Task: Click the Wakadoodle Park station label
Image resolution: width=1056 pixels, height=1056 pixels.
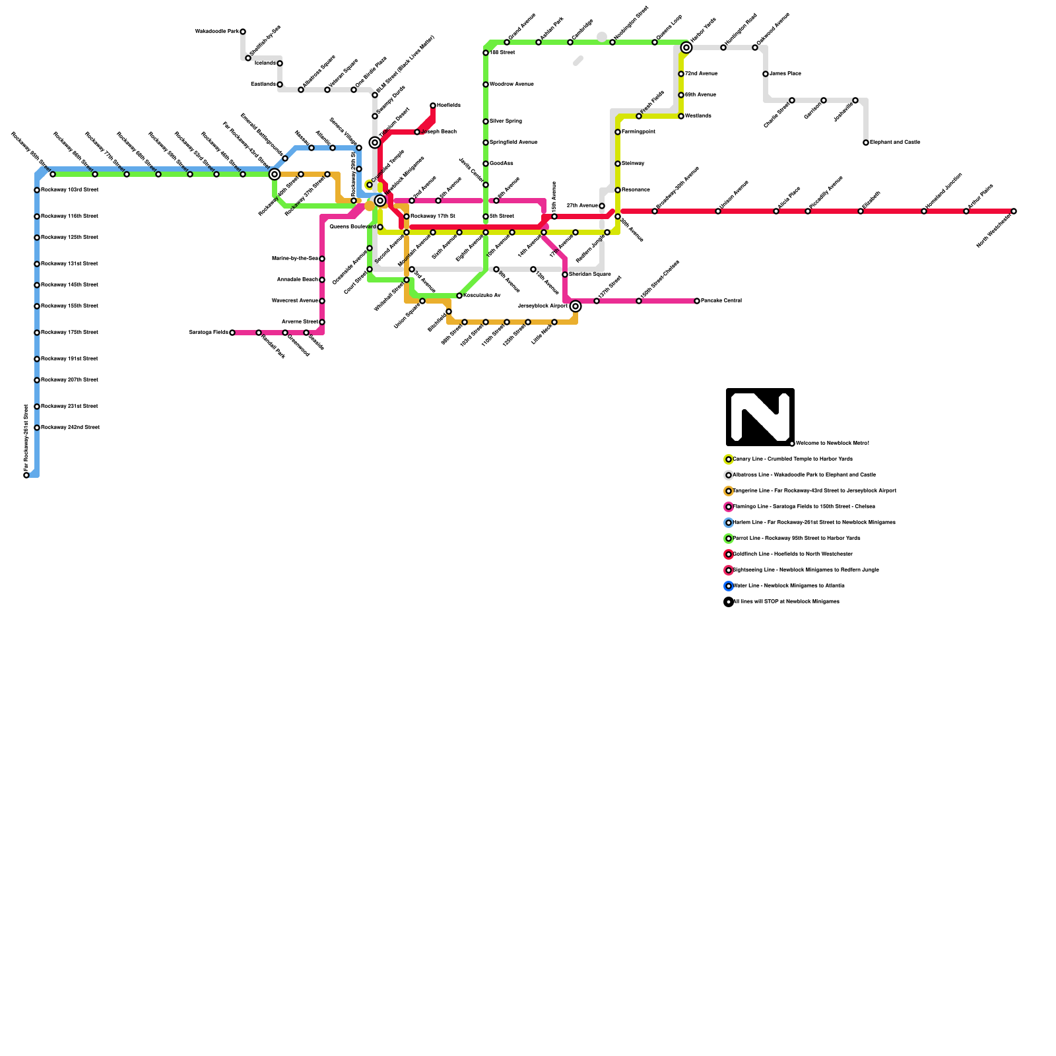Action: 216,32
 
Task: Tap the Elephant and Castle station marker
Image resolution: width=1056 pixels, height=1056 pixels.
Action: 866,143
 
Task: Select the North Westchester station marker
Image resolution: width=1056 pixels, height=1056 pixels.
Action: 1014,211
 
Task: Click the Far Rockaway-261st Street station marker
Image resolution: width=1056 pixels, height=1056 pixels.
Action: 26,475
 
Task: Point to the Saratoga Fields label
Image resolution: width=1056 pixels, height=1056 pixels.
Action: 209,333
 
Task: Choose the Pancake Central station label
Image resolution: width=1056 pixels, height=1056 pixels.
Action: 721,301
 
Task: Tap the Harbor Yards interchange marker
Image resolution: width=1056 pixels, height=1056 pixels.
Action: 686,48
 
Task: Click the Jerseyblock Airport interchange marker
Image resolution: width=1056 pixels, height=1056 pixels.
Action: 576,306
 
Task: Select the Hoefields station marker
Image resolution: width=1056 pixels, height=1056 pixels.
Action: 433,106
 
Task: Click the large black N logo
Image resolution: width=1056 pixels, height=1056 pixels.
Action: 760,417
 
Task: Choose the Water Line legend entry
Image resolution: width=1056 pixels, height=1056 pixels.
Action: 788,586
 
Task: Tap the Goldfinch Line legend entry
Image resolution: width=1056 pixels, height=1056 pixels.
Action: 792,554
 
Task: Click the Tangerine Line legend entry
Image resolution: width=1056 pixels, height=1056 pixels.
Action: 814,491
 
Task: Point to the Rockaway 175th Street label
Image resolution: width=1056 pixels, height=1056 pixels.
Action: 69,333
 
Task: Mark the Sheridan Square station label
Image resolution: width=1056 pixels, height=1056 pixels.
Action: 589,275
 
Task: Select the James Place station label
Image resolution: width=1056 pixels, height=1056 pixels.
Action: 785,74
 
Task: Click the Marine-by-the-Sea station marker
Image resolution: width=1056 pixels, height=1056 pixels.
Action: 322,259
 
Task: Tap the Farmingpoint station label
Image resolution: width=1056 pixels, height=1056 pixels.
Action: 638,132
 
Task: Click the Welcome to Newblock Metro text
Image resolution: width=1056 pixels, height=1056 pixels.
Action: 832,444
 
